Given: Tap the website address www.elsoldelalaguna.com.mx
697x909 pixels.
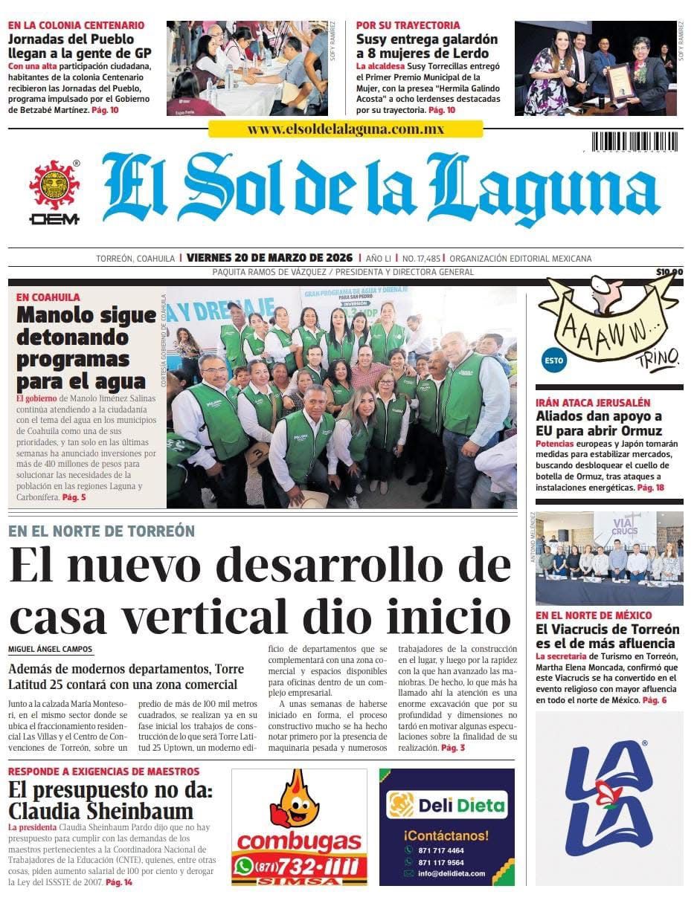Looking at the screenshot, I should pyautogui.click(x=345, y=129).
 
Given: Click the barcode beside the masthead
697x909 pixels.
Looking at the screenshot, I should pyautogui.click(x=635, y=142).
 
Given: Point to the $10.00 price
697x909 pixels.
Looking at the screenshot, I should pyautogui.click(x=669, y=272).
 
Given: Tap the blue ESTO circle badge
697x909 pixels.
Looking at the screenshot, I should pyautogui.click(x=553, y=360).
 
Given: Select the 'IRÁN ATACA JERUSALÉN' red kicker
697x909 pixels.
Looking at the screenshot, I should pyautogui.click(x=593, y=402).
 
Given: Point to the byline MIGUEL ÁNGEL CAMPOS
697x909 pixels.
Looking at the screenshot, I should pyautogui.click(x=51, y=650).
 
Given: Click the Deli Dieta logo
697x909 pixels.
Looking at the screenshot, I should pyautogui.click(x=447, y=805).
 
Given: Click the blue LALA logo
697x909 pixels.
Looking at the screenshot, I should pyautogui.click(x=608, y=798).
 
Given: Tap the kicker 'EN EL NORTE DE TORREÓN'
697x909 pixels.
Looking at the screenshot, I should pyautogui.click(x=101, y=531).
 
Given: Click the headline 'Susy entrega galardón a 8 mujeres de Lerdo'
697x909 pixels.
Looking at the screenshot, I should pyautogui.click(x=426, y=46).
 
